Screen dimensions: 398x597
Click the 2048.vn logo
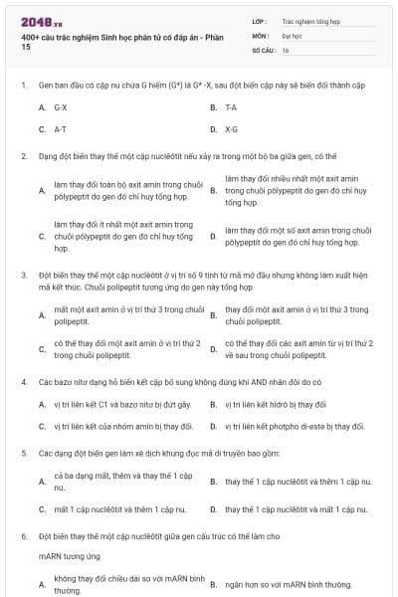pyautogui.click(x=41, y=19)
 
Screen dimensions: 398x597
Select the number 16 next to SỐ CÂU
pyautogui.click(x=286, y=49)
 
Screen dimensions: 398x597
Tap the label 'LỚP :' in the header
pyautogui.click(x=260, y=19)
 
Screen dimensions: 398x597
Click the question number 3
pyautogui.click(x=24, y=273)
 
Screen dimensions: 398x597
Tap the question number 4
pyautogui.click(x=24, y=381)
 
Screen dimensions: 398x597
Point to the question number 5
pyautogui.click(x=24, y=453)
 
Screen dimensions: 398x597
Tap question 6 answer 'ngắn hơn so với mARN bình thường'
pyautogui.click(x=289, y=584)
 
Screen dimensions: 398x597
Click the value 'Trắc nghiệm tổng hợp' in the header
pyautogui.click(x=309, y=19)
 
